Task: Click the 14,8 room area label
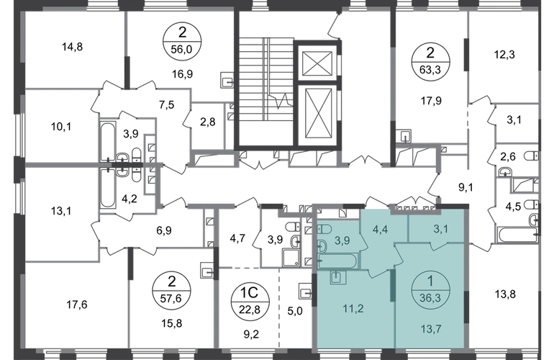(x=73, y=47)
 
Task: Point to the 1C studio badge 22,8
(x=250, y=302)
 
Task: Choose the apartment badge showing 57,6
(x=171, y=292)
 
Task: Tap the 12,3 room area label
(x=504, y=55)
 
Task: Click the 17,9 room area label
(x=431, y=101)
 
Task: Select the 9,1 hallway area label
(x=466, y=188)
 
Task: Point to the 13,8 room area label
(x=505, y=294)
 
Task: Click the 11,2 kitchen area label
(x=353, y=309)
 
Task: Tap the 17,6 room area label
(x=77, y=305)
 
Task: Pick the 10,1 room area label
(x=61, y=127)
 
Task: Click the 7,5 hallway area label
(x=166, y=105)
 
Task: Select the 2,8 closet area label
(x=208, y=122)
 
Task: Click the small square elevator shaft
(x=317, y=63)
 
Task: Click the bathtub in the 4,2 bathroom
(x=107, y=189)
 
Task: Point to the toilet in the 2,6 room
(x=532, y=156)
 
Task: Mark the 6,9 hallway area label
(x=163, y=231)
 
